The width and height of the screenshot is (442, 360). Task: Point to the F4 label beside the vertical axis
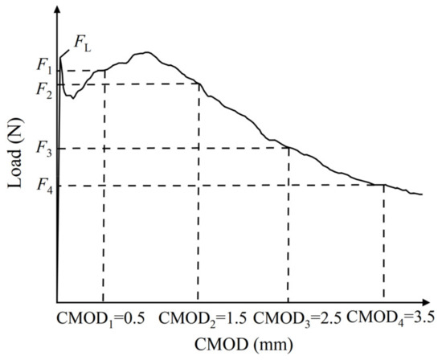coord(44,186)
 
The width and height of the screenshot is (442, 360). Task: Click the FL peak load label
coord(83,39)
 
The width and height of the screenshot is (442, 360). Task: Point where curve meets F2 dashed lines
coord(198,84)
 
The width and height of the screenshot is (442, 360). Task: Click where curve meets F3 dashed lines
coord(289,147)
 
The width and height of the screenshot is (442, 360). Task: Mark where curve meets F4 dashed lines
coord(383,185)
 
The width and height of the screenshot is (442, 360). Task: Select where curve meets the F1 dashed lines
coord(104,71)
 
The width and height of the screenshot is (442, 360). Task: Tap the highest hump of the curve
coord(143,53)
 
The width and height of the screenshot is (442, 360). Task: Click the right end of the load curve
coord(422,194)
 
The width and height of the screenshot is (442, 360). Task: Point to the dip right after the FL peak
coord(72,97)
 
